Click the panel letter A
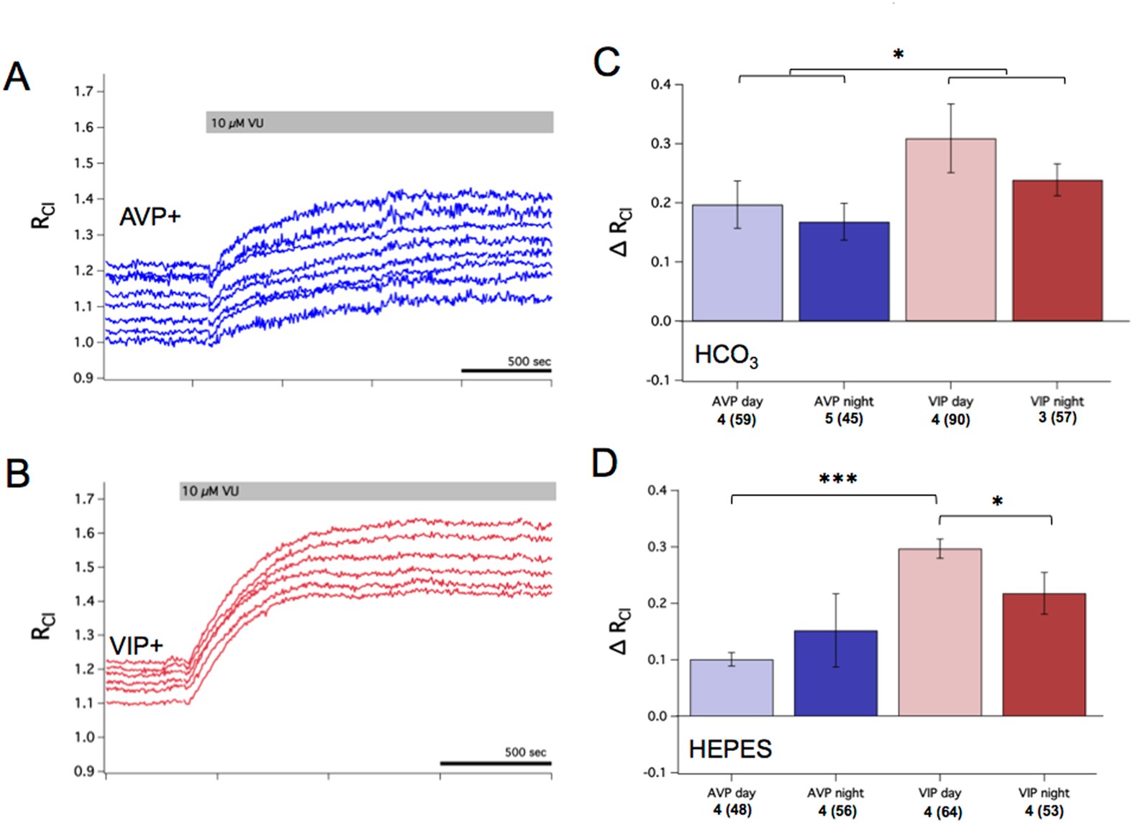click(17, 76)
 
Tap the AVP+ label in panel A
click(150, 217)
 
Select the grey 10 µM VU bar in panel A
click(379, 122)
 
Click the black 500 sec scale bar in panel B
click(496, 763)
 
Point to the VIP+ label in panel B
click(136, 646)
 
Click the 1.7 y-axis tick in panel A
click(83, 91)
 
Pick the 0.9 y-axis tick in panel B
click(84, 771)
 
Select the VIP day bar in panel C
click(950, 230)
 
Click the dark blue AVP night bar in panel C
click(844, 271)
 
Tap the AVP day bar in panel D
click(731, 687)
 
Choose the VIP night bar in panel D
click(1043, 654)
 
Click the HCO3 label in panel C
click(725, 356)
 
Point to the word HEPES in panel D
click(729, 749)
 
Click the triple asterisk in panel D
click(838, 479)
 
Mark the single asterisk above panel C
click(898, 55)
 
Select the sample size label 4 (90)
click(950, 419)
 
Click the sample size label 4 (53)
click(1044, 811)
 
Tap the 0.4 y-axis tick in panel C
click(660, 85)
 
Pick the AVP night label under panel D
click(835, 793)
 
